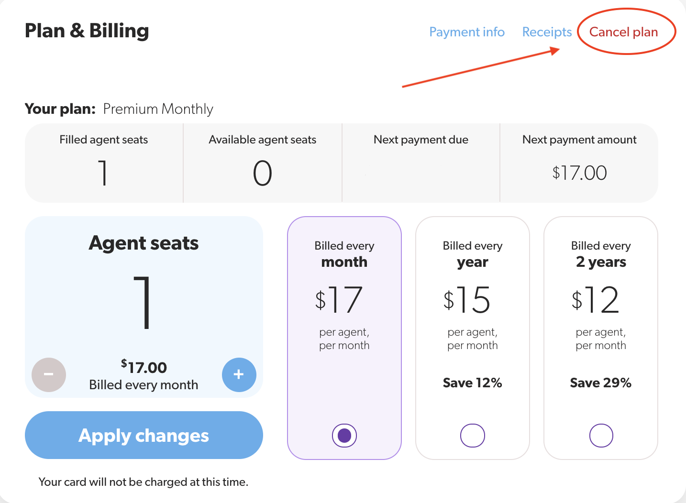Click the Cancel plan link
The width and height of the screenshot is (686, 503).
623,32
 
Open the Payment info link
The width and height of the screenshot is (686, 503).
466,32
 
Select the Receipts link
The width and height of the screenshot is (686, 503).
547,32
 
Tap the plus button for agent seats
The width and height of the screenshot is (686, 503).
239,374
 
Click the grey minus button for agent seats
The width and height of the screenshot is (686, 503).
49,374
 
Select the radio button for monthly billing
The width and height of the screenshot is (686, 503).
344,436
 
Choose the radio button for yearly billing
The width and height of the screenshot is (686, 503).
472,436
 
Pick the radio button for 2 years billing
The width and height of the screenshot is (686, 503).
601,436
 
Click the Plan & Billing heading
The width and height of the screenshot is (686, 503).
87,31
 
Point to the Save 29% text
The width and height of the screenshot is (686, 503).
600,383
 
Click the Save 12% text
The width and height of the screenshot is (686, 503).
472,383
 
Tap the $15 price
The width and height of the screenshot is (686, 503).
467,300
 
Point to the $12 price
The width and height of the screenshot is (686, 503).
596,300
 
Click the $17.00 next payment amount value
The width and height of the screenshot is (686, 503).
579,173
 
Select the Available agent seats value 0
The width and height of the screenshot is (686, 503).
262,173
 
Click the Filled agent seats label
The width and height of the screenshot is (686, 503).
104,140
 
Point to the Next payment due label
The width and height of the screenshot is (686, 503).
420,140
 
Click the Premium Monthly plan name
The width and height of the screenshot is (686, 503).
158,109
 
